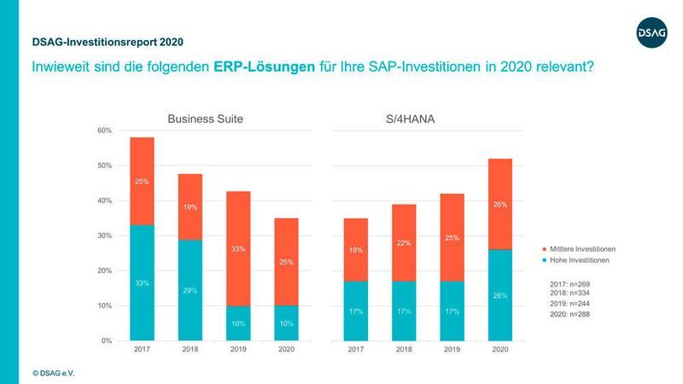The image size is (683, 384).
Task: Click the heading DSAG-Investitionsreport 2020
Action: [x=107, y=41]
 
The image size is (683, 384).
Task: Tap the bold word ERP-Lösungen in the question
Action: [x=263, y=67]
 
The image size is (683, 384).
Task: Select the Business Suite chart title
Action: [x=206, y=119]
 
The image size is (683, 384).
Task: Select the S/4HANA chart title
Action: [x=412, y=119]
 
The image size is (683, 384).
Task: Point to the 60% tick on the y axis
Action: [x=107, y=131]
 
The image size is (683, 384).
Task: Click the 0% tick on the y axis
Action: [x=108, y=340]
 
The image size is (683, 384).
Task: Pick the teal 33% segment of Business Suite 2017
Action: [x=142, y=282]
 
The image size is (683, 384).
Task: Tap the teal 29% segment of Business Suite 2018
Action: [x=190, y=290]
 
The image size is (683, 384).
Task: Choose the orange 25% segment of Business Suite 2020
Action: [x=286, y=262]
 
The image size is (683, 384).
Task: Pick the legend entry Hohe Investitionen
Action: [x=581, y=260]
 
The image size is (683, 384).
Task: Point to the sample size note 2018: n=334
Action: [x=569, y=291]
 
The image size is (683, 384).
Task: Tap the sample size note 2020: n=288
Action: [x=569, y=315]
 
